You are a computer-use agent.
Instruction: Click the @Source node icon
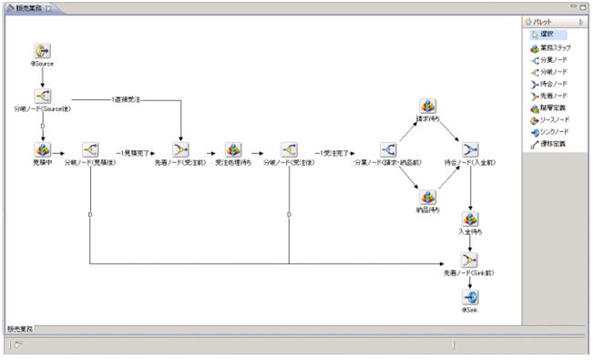42,51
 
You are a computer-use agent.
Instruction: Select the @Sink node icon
470,297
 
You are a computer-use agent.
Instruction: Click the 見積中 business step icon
42,149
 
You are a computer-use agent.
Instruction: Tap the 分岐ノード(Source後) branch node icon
42,96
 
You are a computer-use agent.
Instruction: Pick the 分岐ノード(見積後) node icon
90,149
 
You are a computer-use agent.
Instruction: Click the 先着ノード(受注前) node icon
182,149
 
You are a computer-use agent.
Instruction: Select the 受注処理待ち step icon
234,149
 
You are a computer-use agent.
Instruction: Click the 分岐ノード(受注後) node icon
289,149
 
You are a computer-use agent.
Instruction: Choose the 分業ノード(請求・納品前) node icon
387,149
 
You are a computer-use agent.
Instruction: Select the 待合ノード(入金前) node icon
470,149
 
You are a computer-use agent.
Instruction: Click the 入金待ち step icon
470,220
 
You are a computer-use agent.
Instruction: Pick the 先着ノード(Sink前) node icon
470,262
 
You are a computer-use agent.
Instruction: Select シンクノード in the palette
553,132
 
